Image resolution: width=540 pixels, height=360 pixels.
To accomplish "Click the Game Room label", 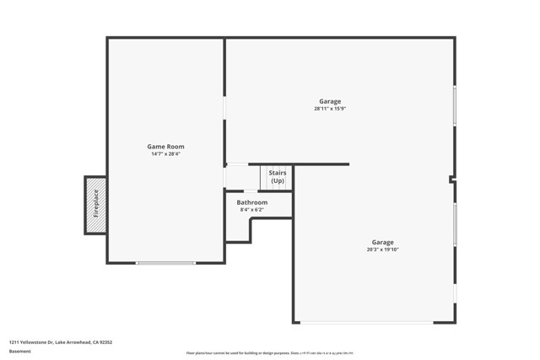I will coord(165,147).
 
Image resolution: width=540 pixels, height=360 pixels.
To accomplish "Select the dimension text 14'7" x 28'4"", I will coord(165,154).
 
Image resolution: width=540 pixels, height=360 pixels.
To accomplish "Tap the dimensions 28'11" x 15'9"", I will coord(330,109).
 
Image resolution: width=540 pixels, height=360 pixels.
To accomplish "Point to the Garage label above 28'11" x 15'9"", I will coord(330,101).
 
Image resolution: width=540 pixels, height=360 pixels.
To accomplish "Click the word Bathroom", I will coord(251,202).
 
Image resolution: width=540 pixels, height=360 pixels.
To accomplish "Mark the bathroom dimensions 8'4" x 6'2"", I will coord(251,210).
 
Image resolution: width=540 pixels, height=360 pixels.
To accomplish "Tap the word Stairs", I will coord(277,173).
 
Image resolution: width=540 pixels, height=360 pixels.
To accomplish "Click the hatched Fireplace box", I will coord(95,205).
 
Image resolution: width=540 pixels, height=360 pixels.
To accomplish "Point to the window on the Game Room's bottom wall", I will coord(165,263).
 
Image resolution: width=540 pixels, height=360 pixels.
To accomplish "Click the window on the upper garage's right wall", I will coord(455,106).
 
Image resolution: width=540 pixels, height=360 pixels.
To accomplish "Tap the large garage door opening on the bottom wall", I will coord(375,322).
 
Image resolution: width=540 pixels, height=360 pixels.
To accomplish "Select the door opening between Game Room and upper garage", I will coord(224,110).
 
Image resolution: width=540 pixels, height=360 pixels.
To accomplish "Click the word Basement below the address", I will coord(19,350).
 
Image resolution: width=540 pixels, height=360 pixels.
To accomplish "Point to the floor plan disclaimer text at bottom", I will coord(270,353).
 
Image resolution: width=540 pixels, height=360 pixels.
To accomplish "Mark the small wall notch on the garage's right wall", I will coord(452,179).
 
